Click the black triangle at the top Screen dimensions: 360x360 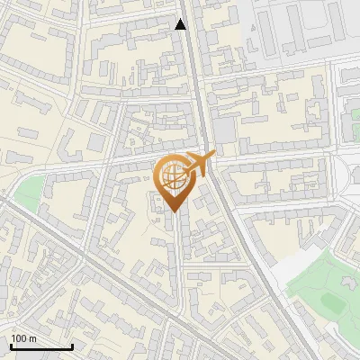click(x=181, y=24)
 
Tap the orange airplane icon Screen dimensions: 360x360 click(x=199, y=164)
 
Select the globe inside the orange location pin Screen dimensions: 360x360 click(x=171, y=175)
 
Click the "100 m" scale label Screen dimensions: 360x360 click(x=24, y=338)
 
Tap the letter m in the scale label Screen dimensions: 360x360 click(x=32, y=338)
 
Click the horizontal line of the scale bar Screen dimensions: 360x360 click(x=41, y=346)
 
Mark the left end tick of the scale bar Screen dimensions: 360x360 click(x=11, y=345)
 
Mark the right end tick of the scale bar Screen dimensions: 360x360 click(x=72, y=345)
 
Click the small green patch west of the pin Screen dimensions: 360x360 click(x=30, y=192)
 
